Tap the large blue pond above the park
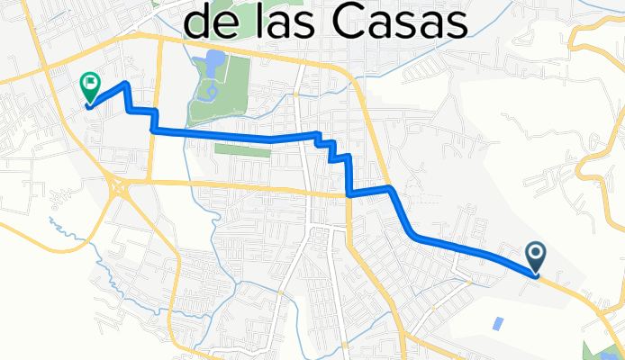coord(214,64)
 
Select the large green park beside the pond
coord(236,99)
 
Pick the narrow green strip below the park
coord(242,150)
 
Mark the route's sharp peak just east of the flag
coord(126,84)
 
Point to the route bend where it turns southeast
coord(391,188)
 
